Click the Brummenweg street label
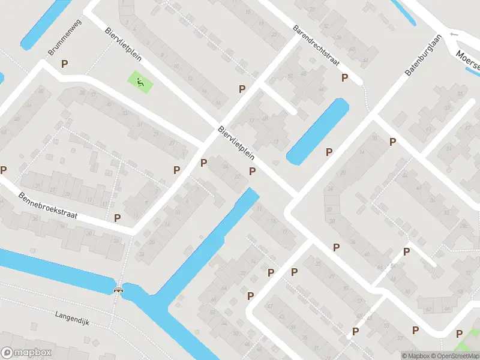(68, 41)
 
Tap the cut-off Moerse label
(467, 58)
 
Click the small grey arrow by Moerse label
(453, 35)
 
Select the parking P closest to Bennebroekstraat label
(118, 218)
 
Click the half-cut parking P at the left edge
(3, 170)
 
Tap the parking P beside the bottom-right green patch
(459, 334)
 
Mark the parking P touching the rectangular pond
(329, 152)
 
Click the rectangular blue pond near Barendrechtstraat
(318, 131)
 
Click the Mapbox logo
(26, 353)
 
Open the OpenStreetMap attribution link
(454, 356)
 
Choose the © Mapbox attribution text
(416, 356)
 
